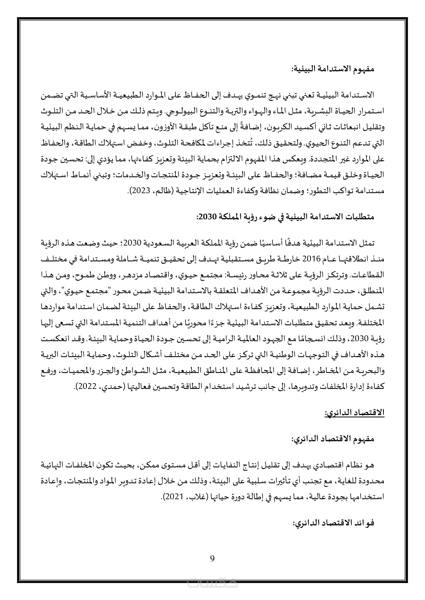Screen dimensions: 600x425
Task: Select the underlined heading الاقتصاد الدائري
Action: tap(354, 413)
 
